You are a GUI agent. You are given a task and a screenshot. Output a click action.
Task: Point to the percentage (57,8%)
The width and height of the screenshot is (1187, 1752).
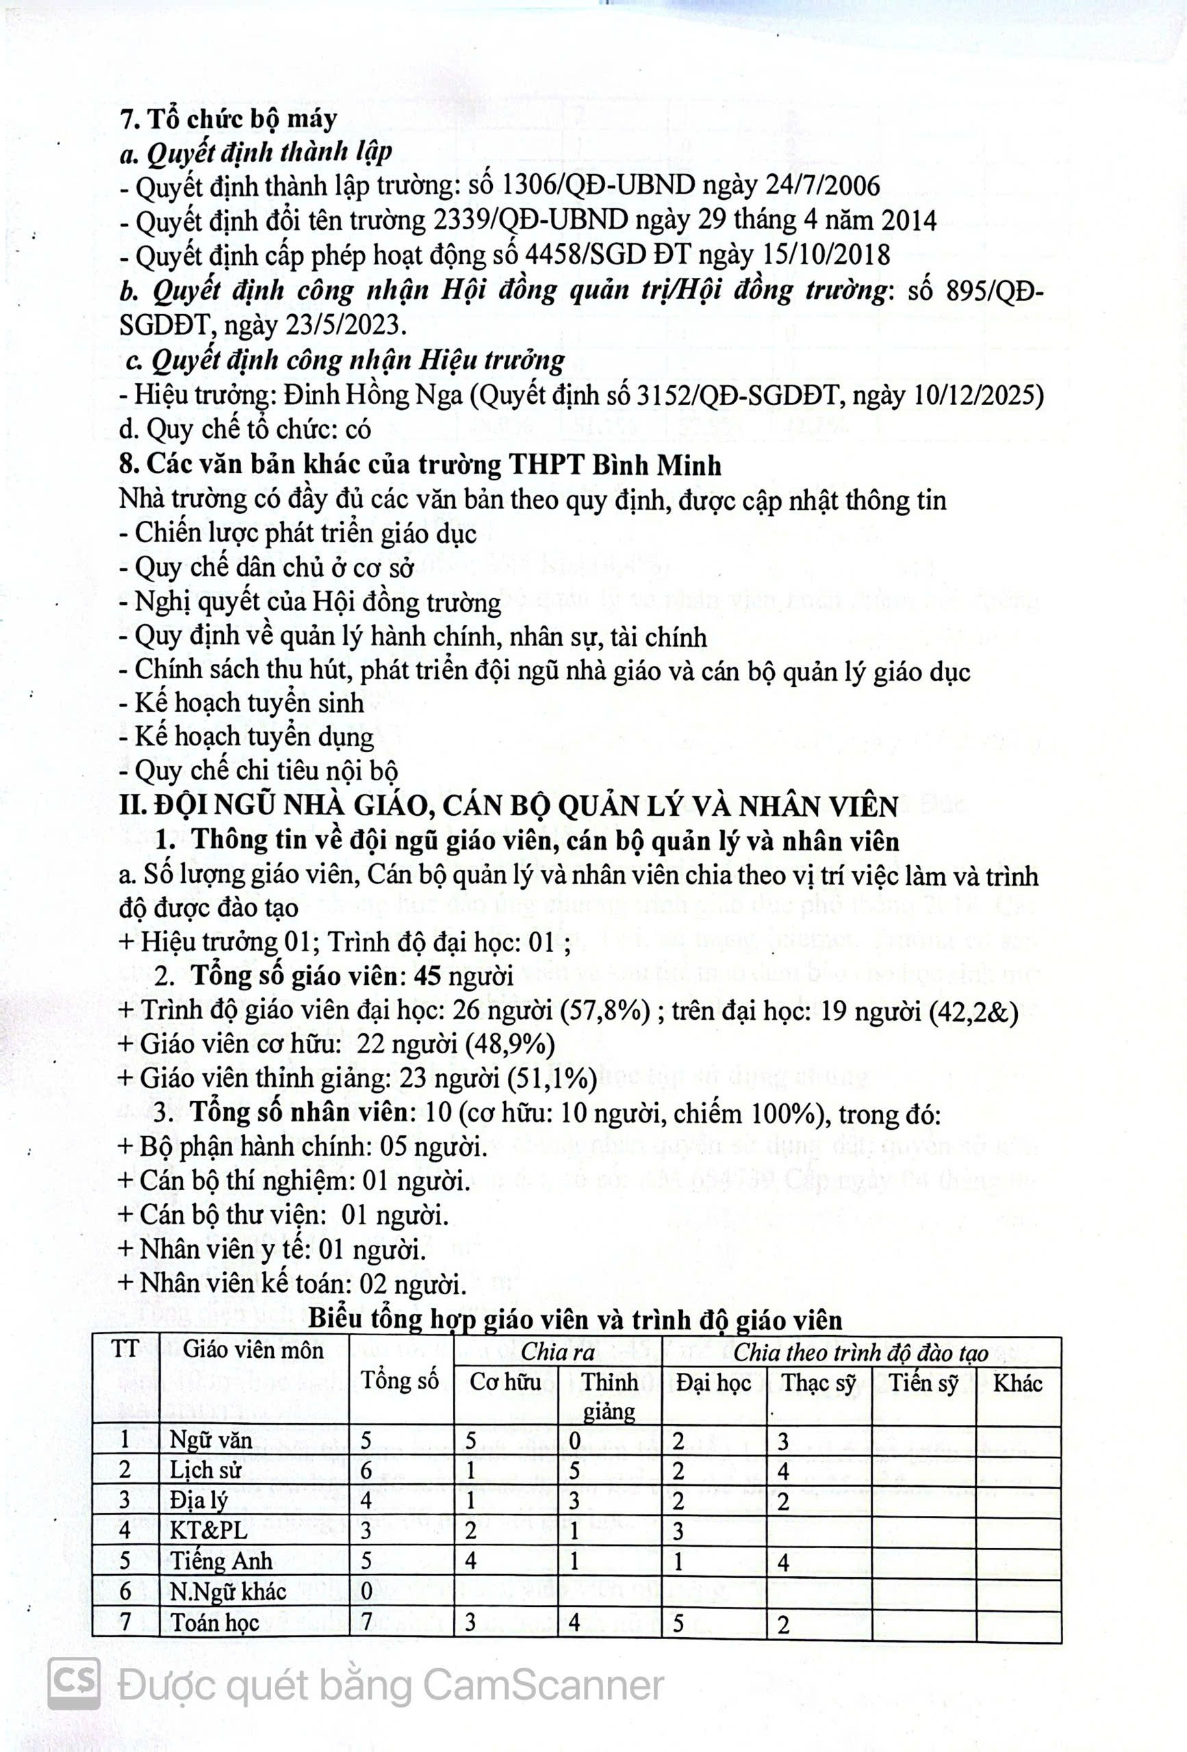click(606, 1010)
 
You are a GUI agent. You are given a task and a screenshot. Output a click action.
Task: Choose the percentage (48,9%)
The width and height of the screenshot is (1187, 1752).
click(511, 1044)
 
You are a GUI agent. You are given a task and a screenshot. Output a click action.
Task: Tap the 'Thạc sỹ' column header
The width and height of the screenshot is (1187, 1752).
click(818, 1382)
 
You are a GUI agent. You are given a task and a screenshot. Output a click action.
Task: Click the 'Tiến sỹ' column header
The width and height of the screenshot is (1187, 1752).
click(923, 1382)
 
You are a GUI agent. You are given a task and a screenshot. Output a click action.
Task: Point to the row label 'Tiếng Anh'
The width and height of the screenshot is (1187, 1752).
click(221, 1560)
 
